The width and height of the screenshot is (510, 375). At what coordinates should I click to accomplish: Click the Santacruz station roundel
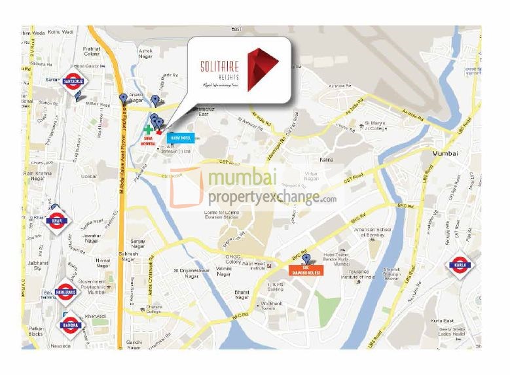tap(73, 82)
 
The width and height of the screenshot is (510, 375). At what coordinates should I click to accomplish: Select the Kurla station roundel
tap(458, 266)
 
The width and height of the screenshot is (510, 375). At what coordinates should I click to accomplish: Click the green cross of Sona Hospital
tap(148, 130)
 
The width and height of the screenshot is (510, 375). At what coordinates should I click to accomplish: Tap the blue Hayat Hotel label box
tap(181, 137)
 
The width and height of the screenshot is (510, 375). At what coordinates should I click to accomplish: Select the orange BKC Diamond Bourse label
tap(305, 270)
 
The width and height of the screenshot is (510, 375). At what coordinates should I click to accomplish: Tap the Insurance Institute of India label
tap(357, 274)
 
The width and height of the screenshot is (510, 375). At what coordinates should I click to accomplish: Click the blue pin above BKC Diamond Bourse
tap(306, 258)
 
